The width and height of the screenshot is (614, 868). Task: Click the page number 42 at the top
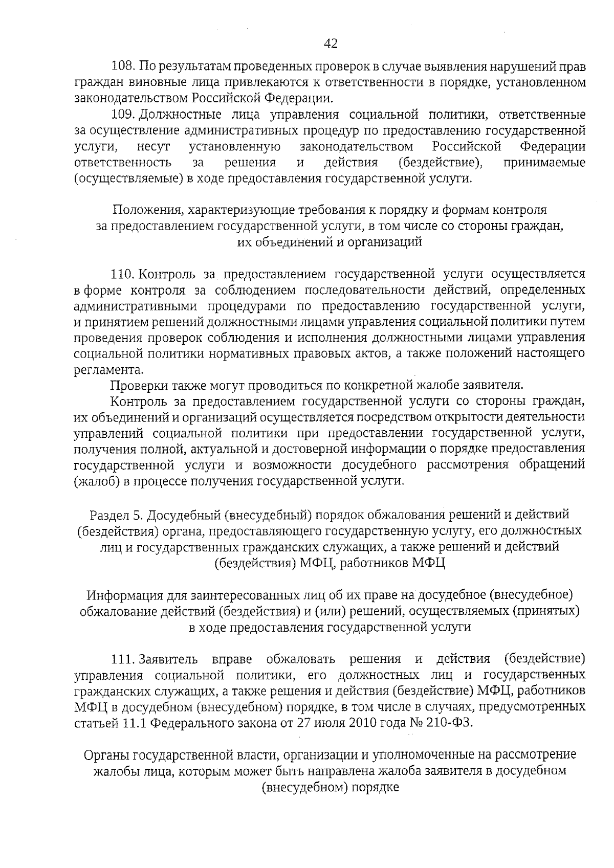pos(331,44)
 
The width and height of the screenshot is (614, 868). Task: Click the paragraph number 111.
pos(123,659)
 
